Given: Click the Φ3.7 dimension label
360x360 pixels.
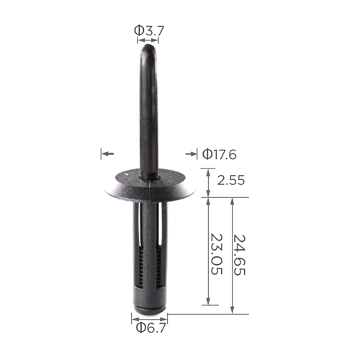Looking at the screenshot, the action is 149,30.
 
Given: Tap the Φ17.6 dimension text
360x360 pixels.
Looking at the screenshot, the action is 220,154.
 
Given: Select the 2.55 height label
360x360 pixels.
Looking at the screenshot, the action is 231,180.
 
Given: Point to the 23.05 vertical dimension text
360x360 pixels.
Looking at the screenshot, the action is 217,254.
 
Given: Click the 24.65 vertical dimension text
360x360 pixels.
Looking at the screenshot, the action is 239,255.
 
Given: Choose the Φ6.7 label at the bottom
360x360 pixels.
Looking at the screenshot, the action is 150,328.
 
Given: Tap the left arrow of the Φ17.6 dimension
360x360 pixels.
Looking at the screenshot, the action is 107,153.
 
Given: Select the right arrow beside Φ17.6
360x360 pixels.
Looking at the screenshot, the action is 191,154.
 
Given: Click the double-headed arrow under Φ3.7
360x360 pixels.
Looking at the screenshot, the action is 148,40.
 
